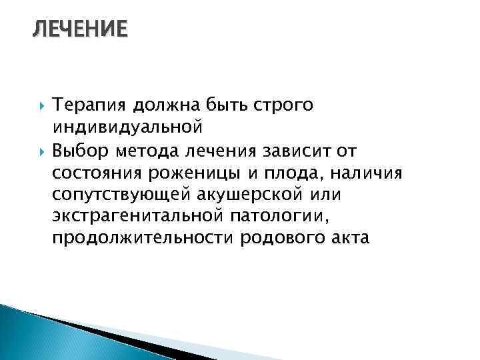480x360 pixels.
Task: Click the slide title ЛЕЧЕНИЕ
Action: click(x=79, y=30)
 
